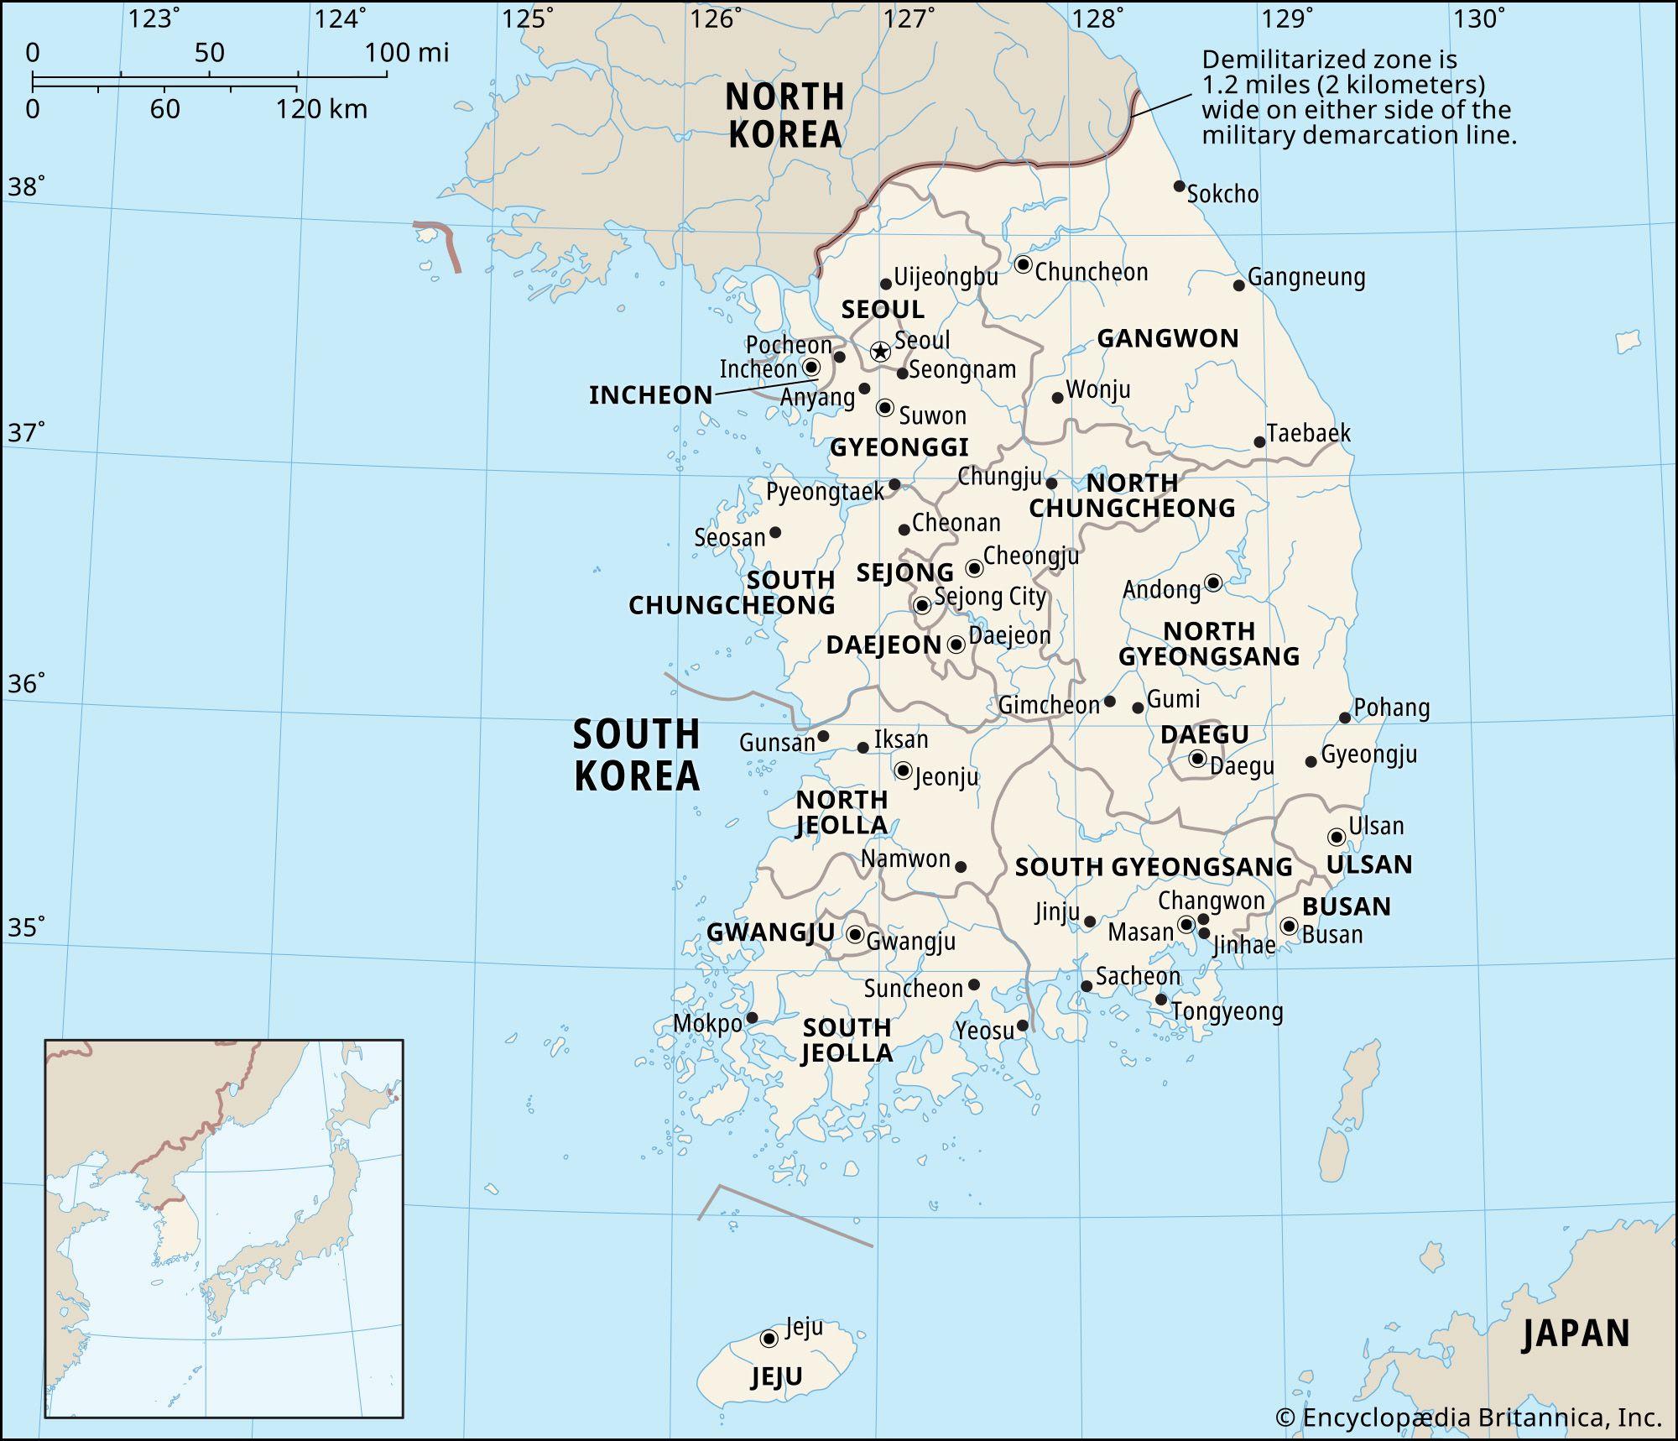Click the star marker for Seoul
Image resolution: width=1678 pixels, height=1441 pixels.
pyautogui.click(x=879, y=352)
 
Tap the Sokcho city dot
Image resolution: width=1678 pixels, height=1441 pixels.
pyautogui.click(x=1179, y=186)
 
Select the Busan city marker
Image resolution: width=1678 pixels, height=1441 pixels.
pyautogui.click(x=1290, y=926)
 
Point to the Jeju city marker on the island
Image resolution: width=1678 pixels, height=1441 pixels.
pyautogui.click(x=769, y=1339)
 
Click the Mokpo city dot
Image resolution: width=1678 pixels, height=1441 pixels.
pyautogui.click(x=752, y=1018)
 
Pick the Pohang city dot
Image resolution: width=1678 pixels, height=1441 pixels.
pyautogui.click(x=1345, y=718)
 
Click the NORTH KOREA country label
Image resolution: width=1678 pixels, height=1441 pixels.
pyautogui.click(x=784, y=116)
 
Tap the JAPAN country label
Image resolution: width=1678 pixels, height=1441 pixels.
pyautogui.click(x=1576, y=1334)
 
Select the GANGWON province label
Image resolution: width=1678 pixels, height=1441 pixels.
pyautogui.click(x=1168, y=338)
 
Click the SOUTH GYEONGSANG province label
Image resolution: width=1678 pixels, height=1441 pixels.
pyautogui.click(x=1154, y=867)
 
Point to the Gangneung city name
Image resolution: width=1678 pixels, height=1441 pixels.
pyautogui.click(x=1306, y=277)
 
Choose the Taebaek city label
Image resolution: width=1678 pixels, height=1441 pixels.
pyautogui.click(x=1308, y=433)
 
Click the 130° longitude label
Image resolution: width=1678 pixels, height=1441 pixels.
pyautogui.click(x=1479, y=18)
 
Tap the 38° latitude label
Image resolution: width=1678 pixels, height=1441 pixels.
pyautogui.click(x=26, y=186)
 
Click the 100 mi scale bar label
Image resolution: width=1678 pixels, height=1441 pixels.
pyautogui.click(x=407, y=53)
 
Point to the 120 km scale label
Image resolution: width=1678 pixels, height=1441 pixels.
pyautogui.click(x=321, y=109)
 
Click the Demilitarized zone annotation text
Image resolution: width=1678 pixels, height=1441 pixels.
pyautogui.click(x=1358, y=97)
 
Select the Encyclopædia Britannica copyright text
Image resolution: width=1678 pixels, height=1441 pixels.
pyautogui.click(x=1468, y=1418)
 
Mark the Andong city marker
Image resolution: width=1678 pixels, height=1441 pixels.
pyautogui.click(x=1213, y=582)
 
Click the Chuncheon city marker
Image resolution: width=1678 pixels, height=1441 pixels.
pyautogui.click(x=1023, y=264)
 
